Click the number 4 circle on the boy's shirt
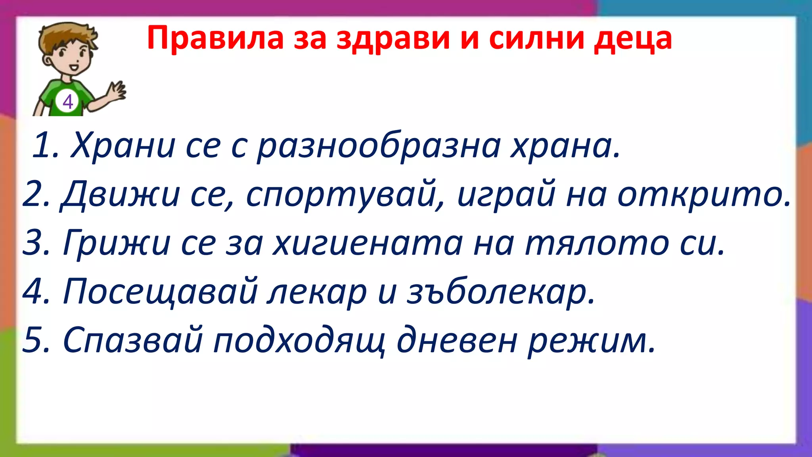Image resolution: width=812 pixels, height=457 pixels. [x=68, y=102]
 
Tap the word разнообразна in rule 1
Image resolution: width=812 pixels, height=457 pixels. [x=379, y=146]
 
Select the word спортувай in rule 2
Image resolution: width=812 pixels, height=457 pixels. [x=341, y=194]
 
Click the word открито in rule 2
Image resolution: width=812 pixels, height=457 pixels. [x=704, y=194]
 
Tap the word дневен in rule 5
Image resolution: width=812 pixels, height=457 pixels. [x=457, y=340]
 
